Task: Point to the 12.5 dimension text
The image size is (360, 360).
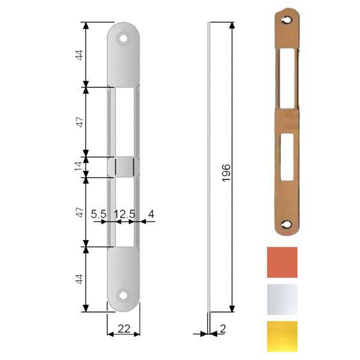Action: (x=124, y=213)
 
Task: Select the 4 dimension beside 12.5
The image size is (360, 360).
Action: (x=151, y=213)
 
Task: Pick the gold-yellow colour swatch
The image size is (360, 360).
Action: (x=281, y=336)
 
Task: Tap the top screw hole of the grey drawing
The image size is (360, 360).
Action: (x=124, y=37)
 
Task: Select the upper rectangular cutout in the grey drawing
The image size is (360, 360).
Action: (x=124, y=122)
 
